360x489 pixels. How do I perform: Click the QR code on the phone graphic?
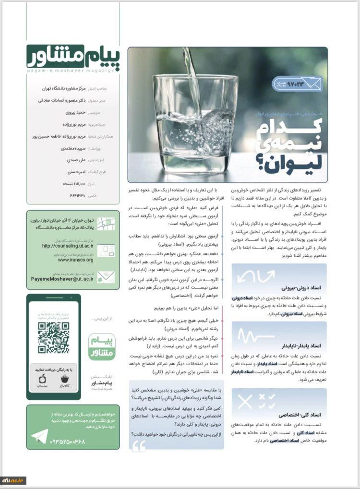tap(53, 337)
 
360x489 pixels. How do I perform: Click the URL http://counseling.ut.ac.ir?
tap(67, 246)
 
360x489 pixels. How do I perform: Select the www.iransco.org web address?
tap(76, 260)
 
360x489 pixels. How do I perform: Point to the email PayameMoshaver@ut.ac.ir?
tap(62, 278)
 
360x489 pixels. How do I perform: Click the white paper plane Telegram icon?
tap(39, 436)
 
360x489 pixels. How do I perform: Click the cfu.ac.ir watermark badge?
tap(13, 480)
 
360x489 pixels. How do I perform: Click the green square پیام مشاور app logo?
tap(102, 346)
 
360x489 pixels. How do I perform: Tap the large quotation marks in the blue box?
tap(139, 446)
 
